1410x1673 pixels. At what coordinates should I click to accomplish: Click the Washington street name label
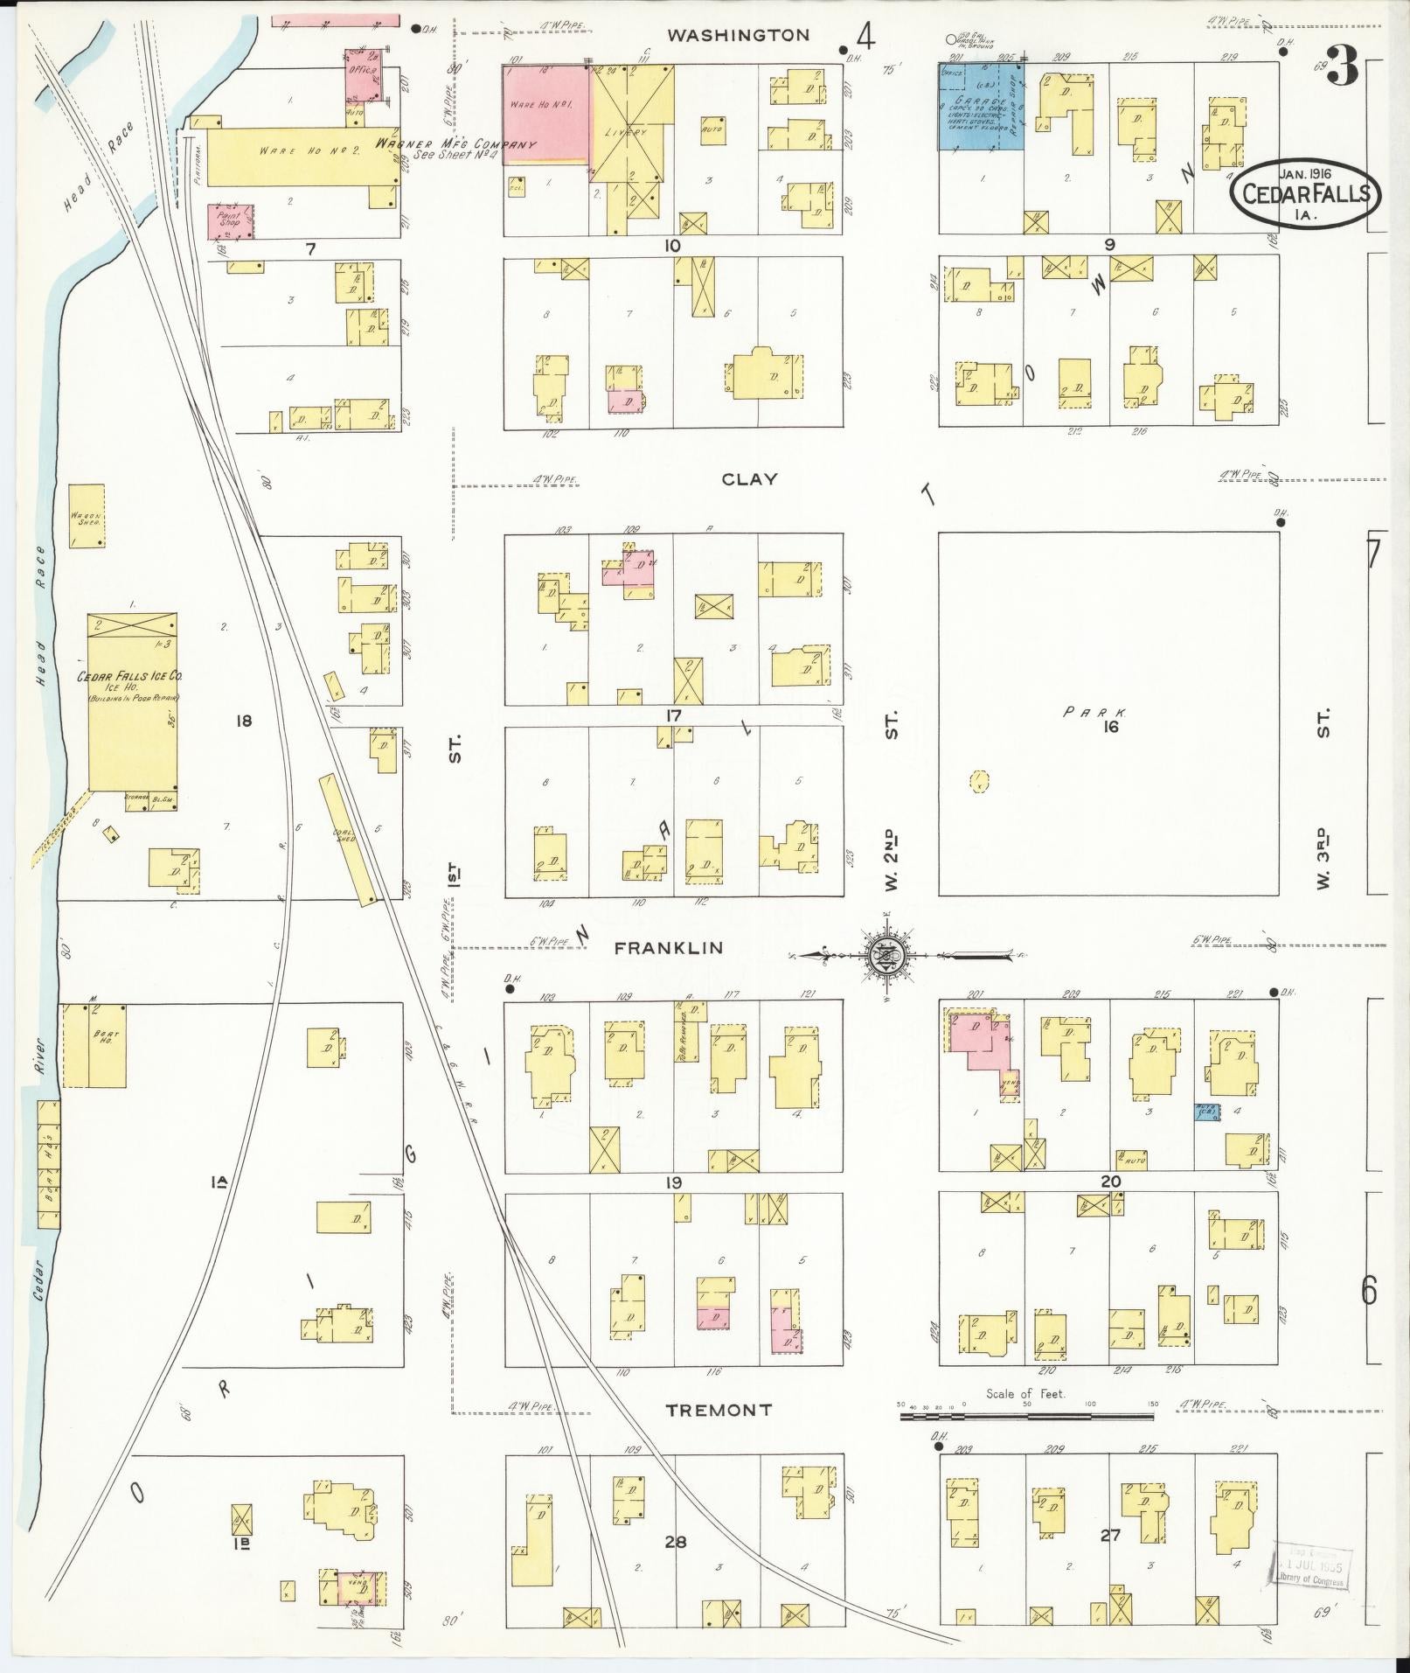(x=739, y=35)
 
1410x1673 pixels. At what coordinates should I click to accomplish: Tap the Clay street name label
(x=749, y=479)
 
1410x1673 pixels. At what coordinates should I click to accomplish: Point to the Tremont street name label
(x=719, y=1410)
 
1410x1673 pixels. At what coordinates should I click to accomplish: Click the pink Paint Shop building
(x=231, y=222)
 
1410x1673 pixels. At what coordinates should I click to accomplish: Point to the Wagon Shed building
(x=87, y=517)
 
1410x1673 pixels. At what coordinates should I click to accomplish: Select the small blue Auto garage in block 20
(x=1207, y=1112)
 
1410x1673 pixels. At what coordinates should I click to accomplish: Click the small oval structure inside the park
(x=979, y=781)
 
